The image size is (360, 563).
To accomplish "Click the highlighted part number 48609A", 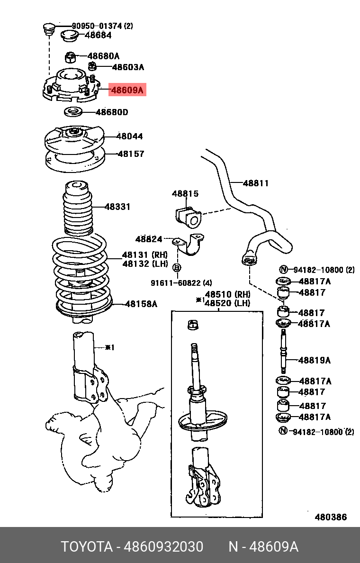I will coord(127,90).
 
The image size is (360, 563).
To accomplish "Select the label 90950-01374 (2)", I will coord(102,26).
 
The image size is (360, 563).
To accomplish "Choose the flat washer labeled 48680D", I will coord(72,113).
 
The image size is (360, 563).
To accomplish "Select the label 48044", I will coord(130,136).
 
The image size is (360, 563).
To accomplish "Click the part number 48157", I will coord(131,154).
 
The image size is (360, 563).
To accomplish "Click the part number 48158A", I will coord(141,304).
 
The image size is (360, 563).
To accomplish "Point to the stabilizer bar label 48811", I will coord(256,183).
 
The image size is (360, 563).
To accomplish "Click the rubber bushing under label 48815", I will coord(186,216).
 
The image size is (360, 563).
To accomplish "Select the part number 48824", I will coord(149,239).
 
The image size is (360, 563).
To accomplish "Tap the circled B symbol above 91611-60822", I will coord(176,268).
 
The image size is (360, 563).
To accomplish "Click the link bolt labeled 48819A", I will coord(283,351).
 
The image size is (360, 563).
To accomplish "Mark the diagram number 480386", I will coord(331,517).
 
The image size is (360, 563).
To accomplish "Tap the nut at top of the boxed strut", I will coord(193,325).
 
